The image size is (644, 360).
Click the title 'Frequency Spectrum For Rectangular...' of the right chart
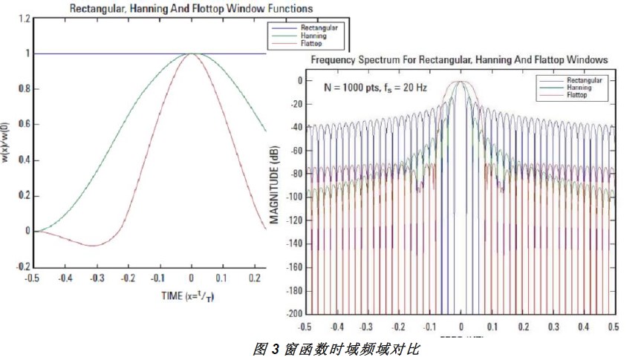pos(460,58)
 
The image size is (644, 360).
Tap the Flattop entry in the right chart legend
pos(577,96)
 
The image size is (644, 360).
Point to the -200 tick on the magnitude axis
pos(292,312)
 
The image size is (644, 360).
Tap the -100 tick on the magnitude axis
pos(292,197)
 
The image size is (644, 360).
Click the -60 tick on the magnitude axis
pos(294,150)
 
